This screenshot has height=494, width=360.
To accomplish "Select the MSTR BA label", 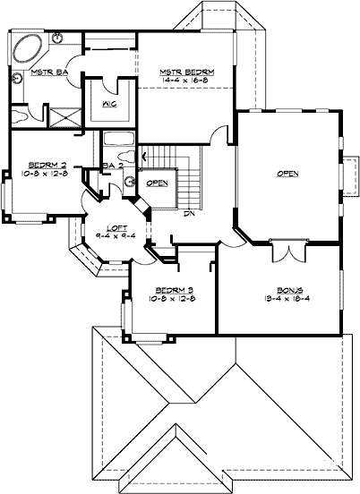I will click(26, 71).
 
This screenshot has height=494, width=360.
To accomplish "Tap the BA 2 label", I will click(112, 166).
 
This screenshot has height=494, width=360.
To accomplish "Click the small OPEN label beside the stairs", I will click(157, 183).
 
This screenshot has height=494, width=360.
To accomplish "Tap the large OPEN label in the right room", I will click(287, 173).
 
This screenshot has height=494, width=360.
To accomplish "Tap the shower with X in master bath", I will click(60, 116).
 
